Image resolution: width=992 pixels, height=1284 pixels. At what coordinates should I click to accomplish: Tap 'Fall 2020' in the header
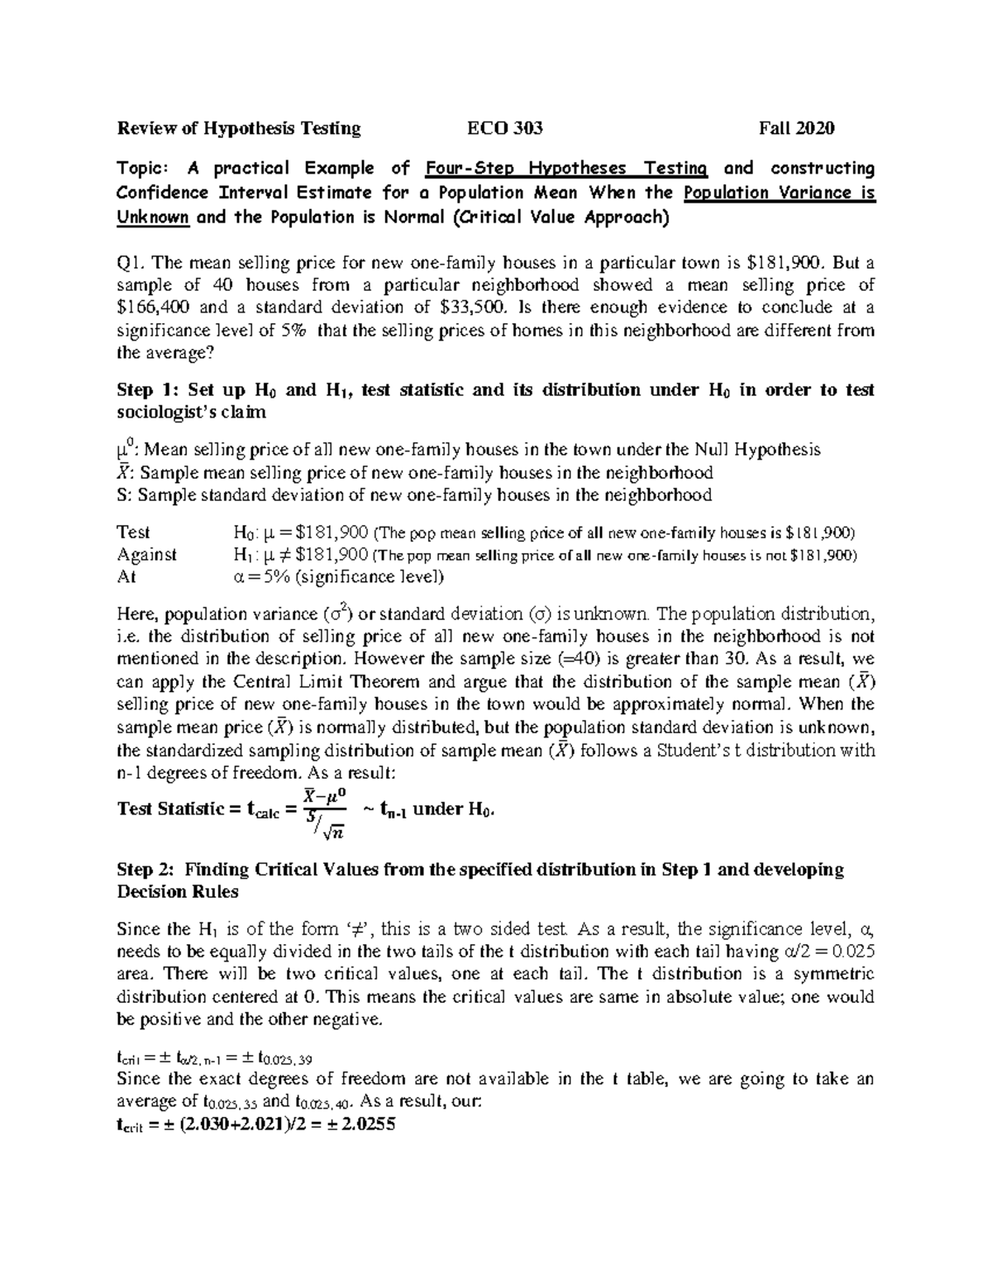[x=797, y=128]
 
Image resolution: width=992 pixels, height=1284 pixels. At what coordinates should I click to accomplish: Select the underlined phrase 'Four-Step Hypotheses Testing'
[x=566, y=169]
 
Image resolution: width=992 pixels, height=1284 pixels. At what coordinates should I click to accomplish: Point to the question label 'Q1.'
[x=131, y=264]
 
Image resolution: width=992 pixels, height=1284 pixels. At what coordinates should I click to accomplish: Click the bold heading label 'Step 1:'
[x=149, y=390]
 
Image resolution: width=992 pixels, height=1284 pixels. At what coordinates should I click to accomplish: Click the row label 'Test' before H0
[x=134, y=532]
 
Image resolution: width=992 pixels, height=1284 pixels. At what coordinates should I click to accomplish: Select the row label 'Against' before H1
[x=147, y=555]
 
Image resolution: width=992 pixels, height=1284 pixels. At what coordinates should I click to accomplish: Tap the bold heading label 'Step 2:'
[x=147, y=870]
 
